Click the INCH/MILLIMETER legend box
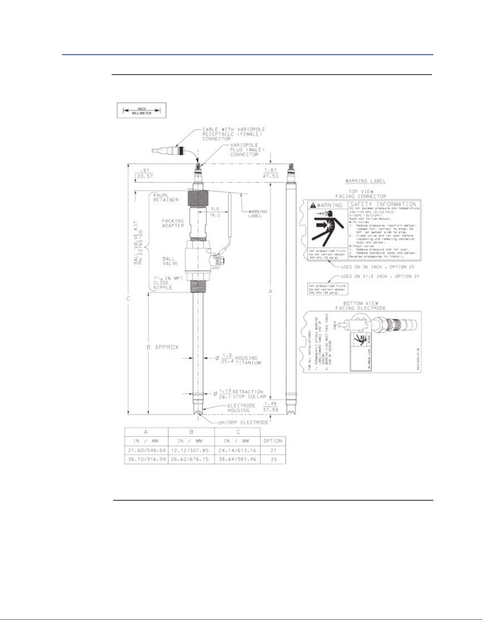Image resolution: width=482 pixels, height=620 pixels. pyautogui.click(x=141, y=111)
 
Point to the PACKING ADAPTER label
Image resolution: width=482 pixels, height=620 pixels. pyautogui.click(x=173, y=223)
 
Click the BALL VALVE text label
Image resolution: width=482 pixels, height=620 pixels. pyautogui.click(x=168, y=261)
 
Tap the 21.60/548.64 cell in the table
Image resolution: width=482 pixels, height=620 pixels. pyautogui.click(x=146, y=451)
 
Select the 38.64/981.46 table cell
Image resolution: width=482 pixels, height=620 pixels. pyautogui.click(x=237, y=459)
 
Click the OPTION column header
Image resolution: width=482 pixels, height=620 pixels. pyautogui.click(x=273, y=441)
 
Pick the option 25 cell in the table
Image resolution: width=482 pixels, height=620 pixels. pyautogui.click(x=273, y=459)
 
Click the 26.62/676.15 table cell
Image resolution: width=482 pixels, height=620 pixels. pyautogui.click(x=191, y=459)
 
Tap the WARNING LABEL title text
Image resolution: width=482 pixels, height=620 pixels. pyautogui.click(x=365, y=181)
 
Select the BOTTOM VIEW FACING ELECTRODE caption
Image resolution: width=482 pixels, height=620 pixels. pyautogui.click(x=360, y=306)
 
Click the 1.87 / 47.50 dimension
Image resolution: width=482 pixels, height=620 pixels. pyautogui.click(x=270, y=173)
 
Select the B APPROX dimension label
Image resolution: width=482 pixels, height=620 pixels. pyautogui.click(x=162, y=347)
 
